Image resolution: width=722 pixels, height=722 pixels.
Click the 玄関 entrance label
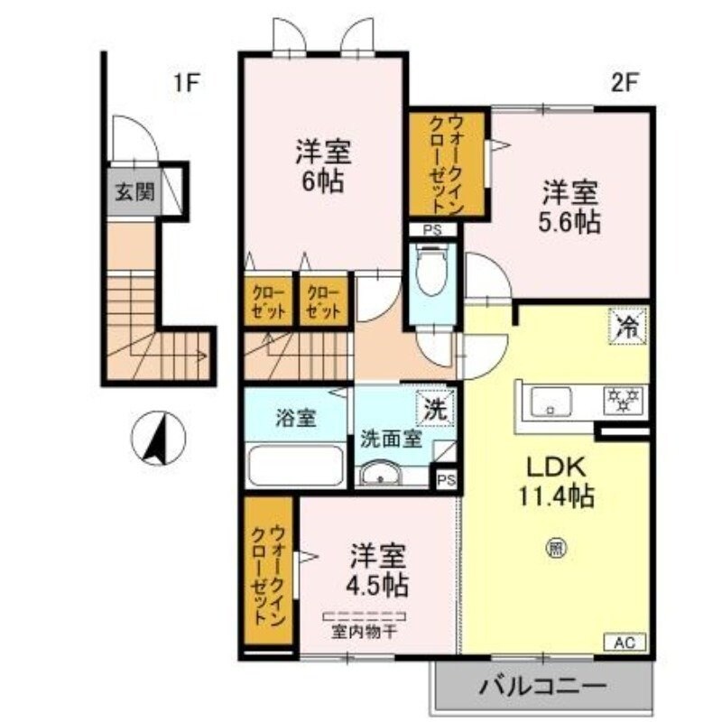(134, 192)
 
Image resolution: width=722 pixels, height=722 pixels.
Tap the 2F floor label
(625, 84)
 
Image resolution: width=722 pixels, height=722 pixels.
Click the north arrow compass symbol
(158, 440)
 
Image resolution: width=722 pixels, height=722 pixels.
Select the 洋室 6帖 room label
(321, 165)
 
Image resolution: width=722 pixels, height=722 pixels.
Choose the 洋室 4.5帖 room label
(378, 568)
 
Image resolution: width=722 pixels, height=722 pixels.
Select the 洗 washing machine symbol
(435, 408)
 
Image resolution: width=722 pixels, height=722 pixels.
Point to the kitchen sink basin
(551, 400)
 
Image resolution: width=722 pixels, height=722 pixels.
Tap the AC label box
(625, 643)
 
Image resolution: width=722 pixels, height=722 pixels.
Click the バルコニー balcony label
(542, 685)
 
